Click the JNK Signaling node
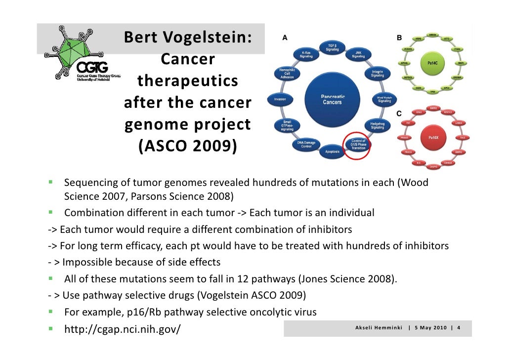point(358,54)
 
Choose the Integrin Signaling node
point(378,74)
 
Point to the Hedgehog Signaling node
point(378,125)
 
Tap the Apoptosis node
point(333,151)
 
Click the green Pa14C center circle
point(428,63)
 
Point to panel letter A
point(284,38)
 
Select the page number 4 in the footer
point(459,327)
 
